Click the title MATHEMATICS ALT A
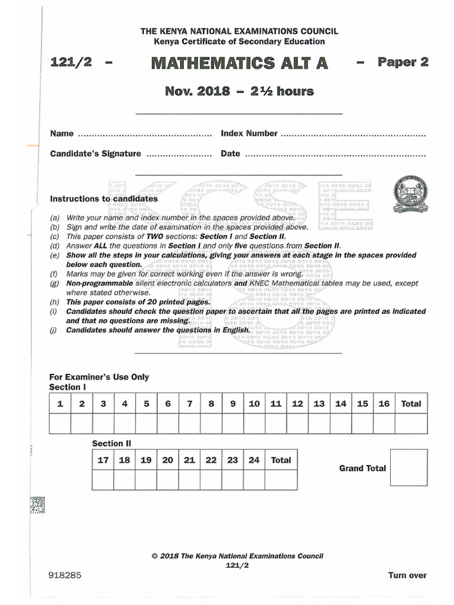click(232, 63)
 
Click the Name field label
click(61, 134)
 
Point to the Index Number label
click(249, 134)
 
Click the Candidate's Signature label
click(95, 154)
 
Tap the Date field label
click(231, 154)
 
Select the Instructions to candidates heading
click(103, 199)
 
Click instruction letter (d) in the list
click(55, 246)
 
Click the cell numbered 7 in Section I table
click(189, 404)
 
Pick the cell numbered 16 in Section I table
click(384, 404)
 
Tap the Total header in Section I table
click(411, 404)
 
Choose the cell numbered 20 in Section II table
click(167, 460)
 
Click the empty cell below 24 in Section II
click(254, 480)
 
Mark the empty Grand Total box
click(408, 467)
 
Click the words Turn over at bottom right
click(407, 575)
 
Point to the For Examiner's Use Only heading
click(99, 377)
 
